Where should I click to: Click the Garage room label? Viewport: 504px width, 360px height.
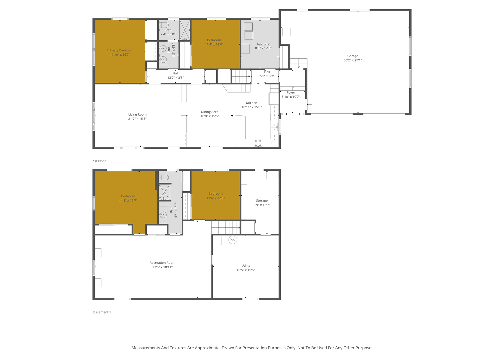[353, 56]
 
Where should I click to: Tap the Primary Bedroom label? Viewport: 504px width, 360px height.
[120, 50]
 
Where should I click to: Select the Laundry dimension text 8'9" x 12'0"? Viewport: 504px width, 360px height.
[263, 48]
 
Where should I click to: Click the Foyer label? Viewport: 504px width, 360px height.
[291, 92]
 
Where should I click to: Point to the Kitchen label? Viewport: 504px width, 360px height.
[252, 103]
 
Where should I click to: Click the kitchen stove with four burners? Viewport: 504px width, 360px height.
[258, 143]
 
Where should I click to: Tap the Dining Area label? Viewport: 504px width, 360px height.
[210, 112]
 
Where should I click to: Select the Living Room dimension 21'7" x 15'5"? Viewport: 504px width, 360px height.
[137, 119]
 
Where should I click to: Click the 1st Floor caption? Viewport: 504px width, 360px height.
[99, 161]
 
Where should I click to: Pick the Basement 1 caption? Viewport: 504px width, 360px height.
[102, 312]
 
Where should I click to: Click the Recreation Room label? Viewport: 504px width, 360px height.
[162, 263]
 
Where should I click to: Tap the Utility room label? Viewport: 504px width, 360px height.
[246, 265]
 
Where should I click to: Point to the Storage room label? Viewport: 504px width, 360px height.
[262, 200]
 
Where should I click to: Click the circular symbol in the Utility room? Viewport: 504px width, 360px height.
[233, 240]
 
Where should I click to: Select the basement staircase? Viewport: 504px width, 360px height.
[225, 227]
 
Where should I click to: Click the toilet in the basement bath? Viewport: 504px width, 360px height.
[164, 177]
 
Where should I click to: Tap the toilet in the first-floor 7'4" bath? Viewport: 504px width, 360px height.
[164, 25]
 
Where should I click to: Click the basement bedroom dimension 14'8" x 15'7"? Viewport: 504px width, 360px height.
[128, 200]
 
